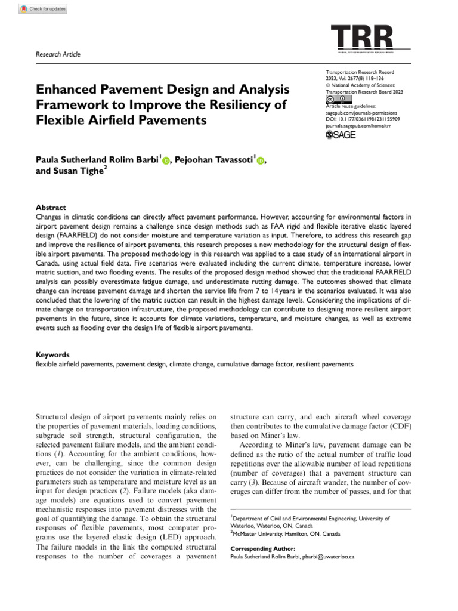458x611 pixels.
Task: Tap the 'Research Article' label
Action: pos(58,55)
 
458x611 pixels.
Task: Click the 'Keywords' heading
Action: pos(52,354)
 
